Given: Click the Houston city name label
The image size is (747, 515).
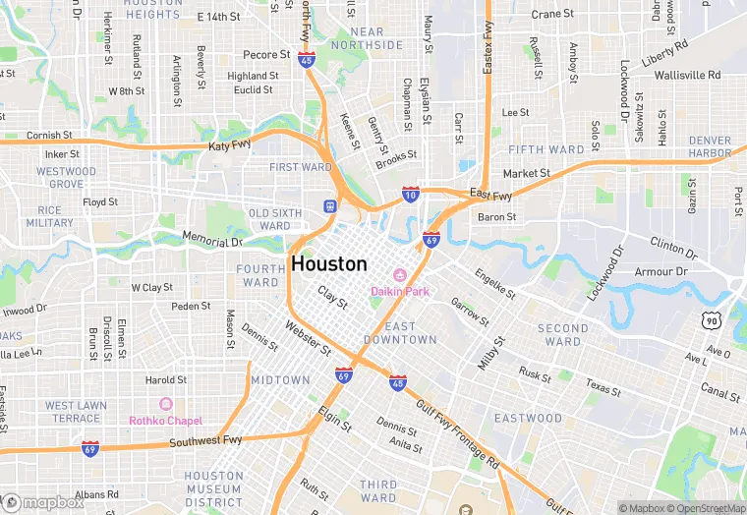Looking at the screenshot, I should point(329,264).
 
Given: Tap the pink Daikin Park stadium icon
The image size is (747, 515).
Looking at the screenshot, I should point(400,275).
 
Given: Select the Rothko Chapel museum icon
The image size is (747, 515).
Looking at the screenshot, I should point(165,404).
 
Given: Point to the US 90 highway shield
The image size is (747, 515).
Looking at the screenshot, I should point(712,320).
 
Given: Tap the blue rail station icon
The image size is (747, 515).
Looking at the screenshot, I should point(330,205).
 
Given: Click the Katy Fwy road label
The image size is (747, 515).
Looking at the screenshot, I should point(231,146).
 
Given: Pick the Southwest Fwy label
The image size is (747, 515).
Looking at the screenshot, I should point(204,442).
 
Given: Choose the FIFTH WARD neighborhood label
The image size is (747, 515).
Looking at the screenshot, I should point(546,150).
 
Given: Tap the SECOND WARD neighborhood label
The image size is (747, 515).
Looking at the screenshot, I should point(563,335).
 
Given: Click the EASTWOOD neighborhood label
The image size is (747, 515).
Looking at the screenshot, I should point(528,419).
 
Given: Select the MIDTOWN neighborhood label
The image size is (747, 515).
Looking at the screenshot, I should point(280,379).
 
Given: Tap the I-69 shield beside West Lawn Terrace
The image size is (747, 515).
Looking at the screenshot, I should point(90,447).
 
